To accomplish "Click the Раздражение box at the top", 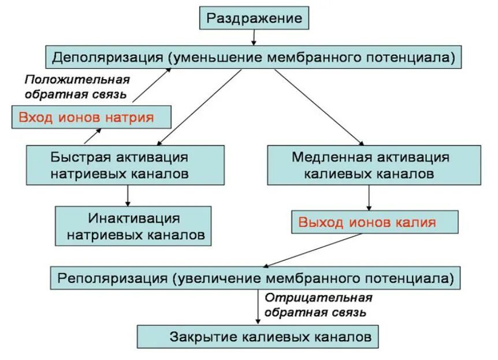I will pos(254,18).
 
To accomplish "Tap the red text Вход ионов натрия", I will pos(86,117).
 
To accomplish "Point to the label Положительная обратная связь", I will pos(77,86).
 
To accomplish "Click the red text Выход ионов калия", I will pos(367,222).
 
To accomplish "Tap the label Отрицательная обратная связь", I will pos(318,305).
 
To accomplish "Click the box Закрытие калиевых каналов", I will pos(258,336).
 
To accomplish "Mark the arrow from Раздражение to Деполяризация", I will pos(254,36).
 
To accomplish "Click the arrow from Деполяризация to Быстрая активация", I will pos(199,107).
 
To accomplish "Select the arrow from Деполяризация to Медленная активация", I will pos(319,107).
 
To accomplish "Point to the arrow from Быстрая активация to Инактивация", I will pos(128,196).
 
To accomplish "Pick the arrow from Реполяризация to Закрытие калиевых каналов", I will pos(258,306).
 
